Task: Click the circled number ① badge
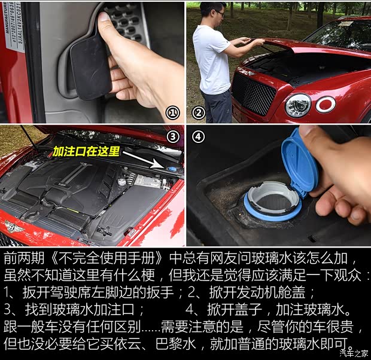click(172, 112)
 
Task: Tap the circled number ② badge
click(198, 112)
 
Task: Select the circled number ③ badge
click(173, 136)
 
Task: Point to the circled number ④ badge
click(198, 137)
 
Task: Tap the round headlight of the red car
click(297, 105)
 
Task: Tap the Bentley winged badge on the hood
click(13, 227)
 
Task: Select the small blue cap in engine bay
click(172, 170)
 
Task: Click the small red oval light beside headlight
click(326, 105)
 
